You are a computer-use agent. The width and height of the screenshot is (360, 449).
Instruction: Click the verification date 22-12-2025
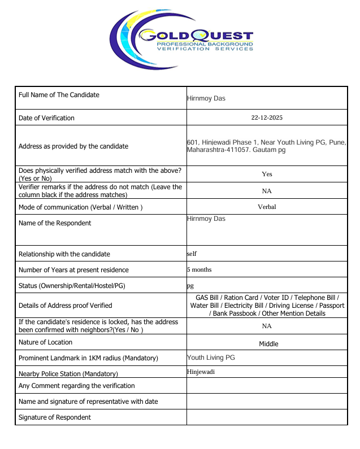(267, 117)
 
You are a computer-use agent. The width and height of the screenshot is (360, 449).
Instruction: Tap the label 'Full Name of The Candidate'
(59, 95)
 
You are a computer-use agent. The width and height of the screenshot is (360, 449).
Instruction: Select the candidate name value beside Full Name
(206, 98)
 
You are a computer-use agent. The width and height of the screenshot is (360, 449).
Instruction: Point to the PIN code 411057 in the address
(238, 150)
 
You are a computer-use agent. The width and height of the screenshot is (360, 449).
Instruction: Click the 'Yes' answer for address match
(267, 174)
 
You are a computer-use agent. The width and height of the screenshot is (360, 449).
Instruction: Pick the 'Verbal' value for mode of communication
(267, 207)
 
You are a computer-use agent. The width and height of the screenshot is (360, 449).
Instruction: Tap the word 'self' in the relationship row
(192, 254)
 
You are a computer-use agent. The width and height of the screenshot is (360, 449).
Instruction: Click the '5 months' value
(199, 269)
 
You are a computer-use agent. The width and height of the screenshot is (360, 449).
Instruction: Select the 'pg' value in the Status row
(190, 286)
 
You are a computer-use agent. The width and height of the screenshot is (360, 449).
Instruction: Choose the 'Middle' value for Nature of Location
(268, 343)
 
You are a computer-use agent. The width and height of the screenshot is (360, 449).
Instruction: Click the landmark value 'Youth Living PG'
(211, 358)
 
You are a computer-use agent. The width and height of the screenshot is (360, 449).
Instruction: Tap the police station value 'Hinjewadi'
(201, 372)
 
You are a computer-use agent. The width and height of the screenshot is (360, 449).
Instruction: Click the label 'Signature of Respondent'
(55, 417)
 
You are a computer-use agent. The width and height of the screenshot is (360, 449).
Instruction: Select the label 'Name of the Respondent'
(55, 223)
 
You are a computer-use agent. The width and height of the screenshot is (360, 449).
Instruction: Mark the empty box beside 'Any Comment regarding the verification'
(267, 386)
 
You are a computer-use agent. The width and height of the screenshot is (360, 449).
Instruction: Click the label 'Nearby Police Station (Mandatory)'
(68, 374)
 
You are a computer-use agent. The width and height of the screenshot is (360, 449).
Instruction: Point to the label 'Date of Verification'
(46, 118)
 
